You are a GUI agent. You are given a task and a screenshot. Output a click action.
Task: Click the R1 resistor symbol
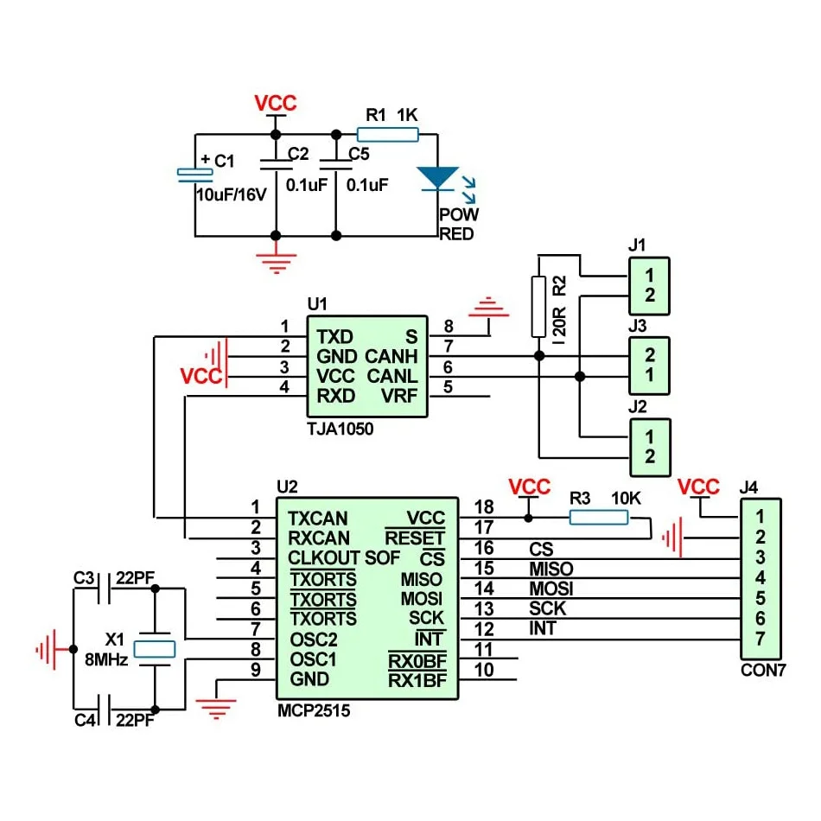(x=388, y=134)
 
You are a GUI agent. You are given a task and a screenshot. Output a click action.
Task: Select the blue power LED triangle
(x=437, y=178)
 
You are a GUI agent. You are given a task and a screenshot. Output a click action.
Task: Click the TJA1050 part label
(x=340, y=429)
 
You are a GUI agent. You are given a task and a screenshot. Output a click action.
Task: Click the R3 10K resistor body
(x=598, y=518)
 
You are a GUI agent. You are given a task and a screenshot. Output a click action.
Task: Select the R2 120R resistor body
(x=538, y=306)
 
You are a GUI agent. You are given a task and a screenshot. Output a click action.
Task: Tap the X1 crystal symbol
(x=156, y=648)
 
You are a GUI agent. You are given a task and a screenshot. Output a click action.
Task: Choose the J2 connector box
(x=649, y=446)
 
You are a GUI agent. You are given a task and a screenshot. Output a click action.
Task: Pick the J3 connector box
(x=649, y=366)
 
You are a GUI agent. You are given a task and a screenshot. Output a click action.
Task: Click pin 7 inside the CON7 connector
(x=760, y=640)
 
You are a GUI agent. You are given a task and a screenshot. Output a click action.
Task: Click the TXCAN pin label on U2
(x=318, y=519)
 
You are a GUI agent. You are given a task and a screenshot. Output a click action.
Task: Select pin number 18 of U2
(x=483, y=507)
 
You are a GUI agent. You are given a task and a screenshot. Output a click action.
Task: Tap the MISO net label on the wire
(x=551, y=569)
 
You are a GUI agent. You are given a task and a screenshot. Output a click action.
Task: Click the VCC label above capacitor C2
(x=276, y=103)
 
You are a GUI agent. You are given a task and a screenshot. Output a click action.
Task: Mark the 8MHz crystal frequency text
(x=106, y=659)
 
